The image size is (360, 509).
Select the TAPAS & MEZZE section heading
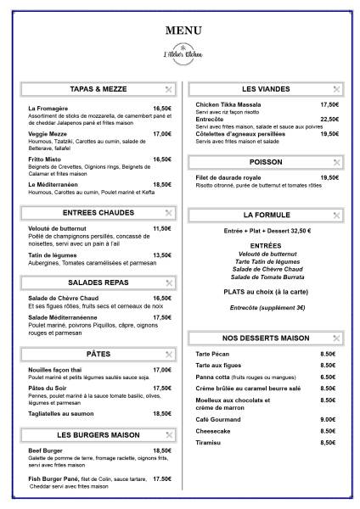[x=98, y=88]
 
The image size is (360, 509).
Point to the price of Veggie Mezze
[x=162, y=133]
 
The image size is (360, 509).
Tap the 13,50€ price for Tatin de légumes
[x=162, y=255]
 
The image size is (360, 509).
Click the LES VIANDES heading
[x=266, y=88]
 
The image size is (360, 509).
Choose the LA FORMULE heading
[x=266, y=215]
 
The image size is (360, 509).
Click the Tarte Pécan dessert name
[x=212, y=354]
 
